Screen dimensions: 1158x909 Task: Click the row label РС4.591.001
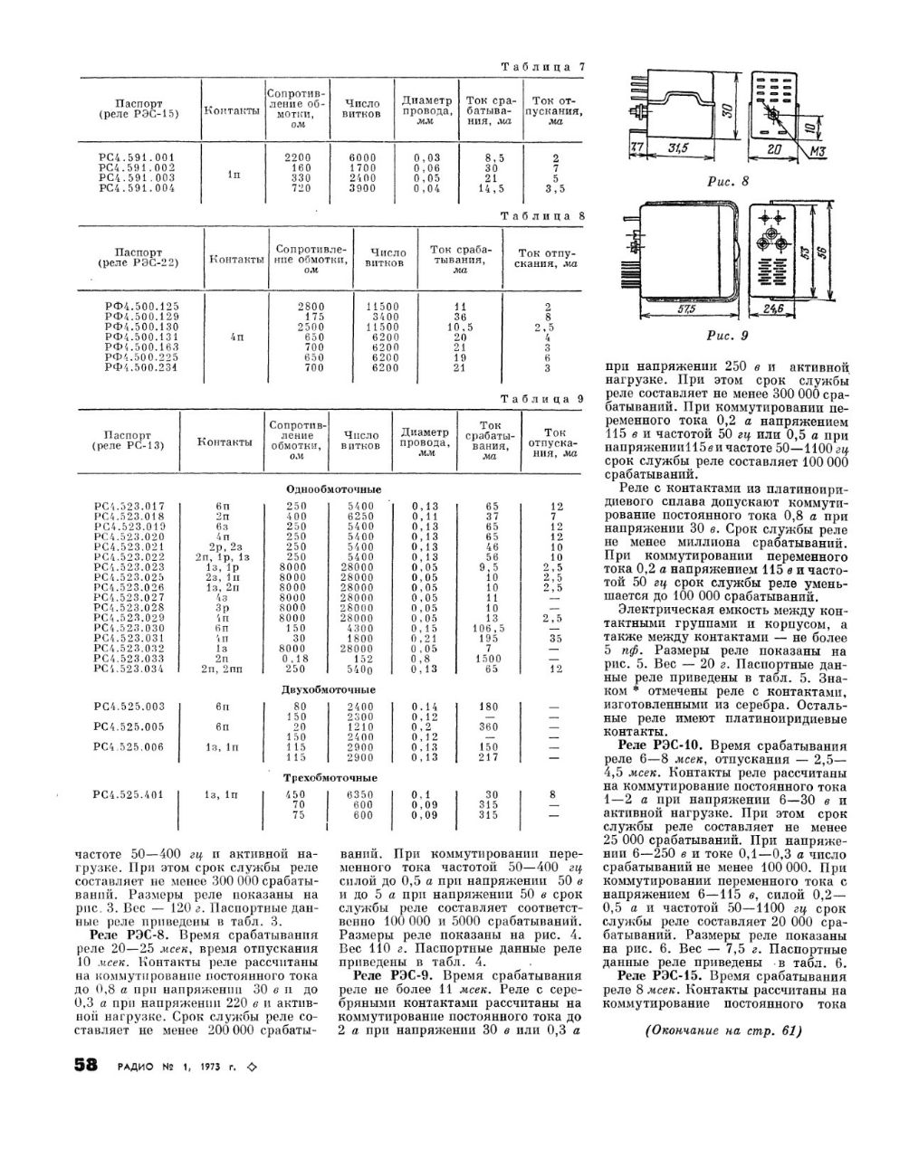pyautogui.click(x=137, y=157)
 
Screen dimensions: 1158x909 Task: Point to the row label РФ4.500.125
pyautogui.click(x=142, y=307)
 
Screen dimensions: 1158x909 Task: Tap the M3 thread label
pyautogui.click(x=818, y=151)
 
